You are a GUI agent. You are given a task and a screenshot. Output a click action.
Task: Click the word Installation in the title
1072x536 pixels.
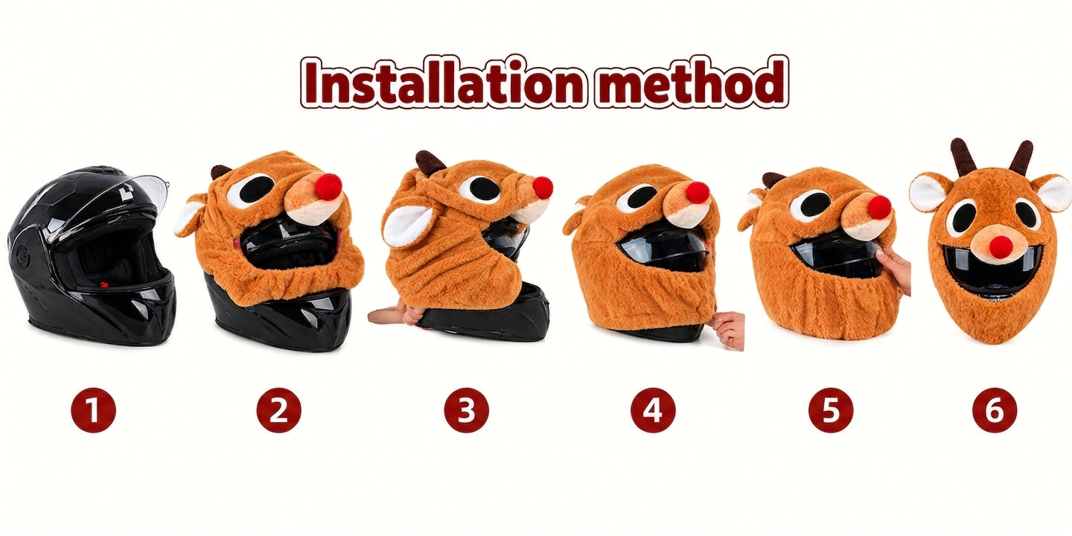coord(444,82)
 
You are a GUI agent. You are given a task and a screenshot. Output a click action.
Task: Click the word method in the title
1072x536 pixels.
coord(692,82)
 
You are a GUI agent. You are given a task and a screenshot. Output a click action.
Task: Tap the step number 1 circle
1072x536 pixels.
coord(93,410)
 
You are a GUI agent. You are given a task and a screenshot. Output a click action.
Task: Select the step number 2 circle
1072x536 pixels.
coord(279,410)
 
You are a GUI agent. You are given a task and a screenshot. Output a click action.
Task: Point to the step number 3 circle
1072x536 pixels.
coord(466,410)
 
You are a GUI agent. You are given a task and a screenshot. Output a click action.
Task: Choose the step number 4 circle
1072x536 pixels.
coord(653,410)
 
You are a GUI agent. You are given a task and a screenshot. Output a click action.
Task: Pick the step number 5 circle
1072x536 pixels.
coord(831,410)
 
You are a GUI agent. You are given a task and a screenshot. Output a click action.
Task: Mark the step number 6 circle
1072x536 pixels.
coord(995,410)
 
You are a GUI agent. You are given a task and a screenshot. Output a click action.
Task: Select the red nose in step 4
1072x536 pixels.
coord(698,192)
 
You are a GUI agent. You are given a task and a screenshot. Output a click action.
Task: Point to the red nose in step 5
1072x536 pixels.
coord(879,207)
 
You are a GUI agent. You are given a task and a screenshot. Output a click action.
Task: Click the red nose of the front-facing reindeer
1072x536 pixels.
coord(1001,246)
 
